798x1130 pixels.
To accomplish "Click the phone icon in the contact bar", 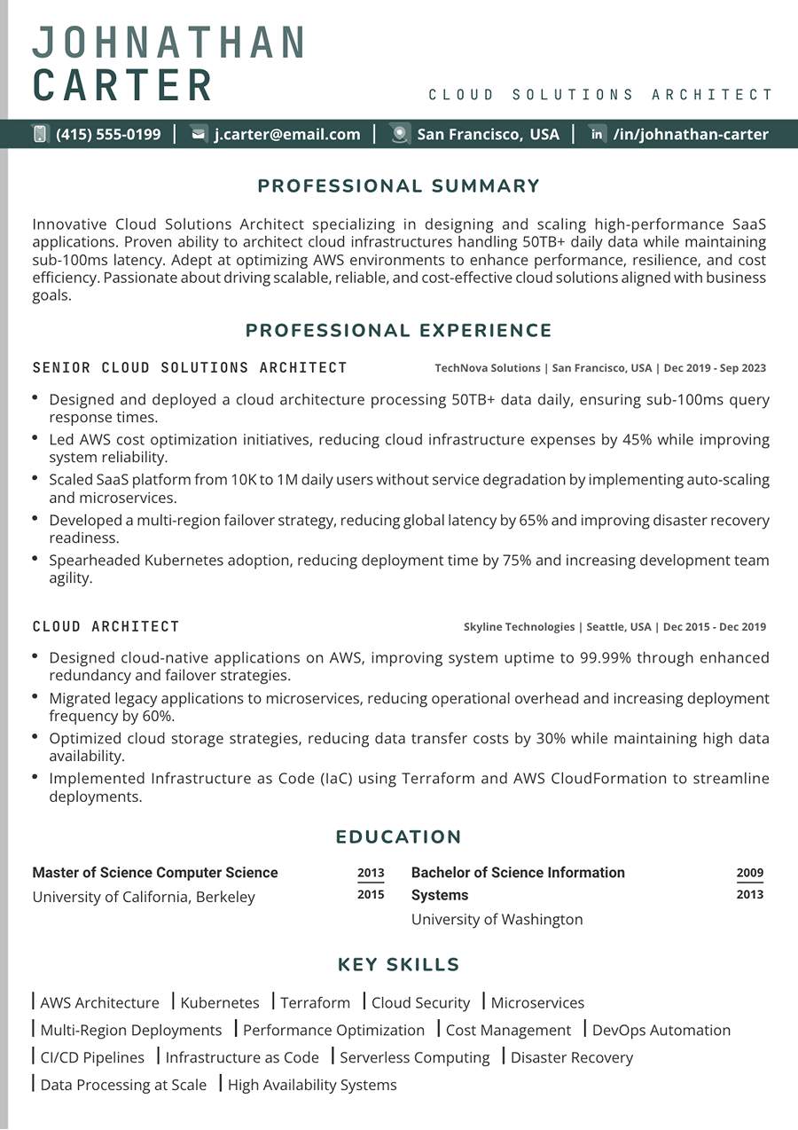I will [40, 134].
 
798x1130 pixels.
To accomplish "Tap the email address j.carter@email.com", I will [287, 134].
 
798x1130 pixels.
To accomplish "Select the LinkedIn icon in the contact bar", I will [598, 134].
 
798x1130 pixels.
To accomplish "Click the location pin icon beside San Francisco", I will [400, 134].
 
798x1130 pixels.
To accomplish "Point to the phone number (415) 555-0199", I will [108, 134].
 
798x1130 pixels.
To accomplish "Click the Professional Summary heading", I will [399, 186].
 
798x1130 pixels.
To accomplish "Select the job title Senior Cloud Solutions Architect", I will [190, 367].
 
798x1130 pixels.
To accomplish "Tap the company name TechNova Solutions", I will [487, 368].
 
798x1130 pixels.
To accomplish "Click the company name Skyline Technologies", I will [519, 627].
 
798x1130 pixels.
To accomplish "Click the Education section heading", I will [399, 837].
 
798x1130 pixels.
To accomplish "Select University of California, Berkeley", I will [144, 897].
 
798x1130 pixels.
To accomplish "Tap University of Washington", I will [497, 919].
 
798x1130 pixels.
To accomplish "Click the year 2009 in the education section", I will [749, 873].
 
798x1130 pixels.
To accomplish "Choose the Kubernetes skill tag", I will [220, 1003].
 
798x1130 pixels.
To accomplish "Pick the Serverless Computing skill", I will [414, 1057].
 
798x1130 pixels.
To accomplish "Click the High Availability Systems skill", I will [312, 1085].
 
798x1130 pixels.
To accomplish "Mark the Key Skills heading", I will [399, 965].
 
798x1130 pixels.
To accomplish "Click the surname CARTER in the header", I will [123, 85].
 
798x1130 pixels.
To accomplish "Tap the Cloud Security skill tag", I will [420, 1003].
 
